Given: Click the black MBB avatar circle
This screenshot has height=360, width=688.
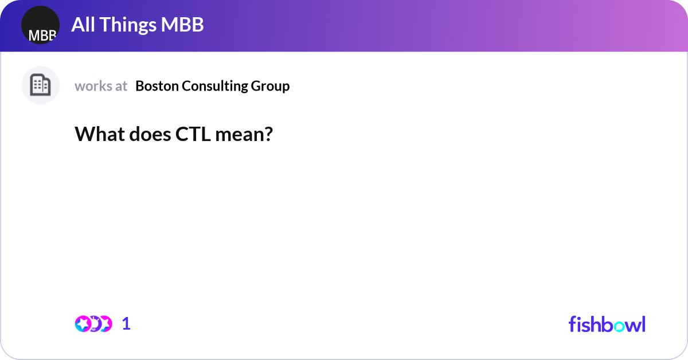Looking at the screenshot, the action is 40,25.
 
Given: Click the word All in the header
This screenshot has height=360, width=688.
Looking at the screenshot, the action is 83,25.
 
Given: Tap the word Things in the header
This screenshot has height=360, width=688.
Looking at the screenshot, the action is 128,25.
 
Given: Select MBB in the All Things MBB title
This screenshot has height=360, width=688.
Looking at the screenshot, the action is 182,25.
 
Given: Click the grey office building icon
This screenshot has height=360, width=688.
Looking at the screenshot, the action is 40,85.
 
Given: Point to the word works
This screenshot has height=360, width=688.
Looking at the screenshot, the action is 93,86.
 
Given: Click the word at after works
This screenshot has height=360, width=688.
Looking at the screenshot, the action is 121,87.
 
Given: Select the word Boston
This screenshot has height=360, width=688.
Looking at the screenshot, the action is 157,86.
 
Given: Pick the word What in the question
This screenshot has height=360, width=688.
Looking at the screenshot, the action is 100,134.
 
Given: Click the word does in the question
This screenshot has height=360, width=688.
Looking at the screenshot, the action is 150,134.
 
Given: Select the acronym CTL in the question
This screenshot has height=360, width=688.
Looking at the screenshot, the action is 193,134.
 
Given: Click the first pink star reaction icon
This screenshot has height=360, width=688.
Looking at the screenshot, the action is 83,324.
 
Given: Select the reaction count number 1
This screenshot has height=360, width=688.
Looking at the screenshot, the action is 126,324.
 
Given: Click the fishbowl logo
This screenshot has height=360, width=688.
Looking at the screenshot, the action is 607,324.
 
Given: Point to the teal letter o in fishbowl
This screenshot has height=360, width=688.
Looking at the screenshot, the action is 619,326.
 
